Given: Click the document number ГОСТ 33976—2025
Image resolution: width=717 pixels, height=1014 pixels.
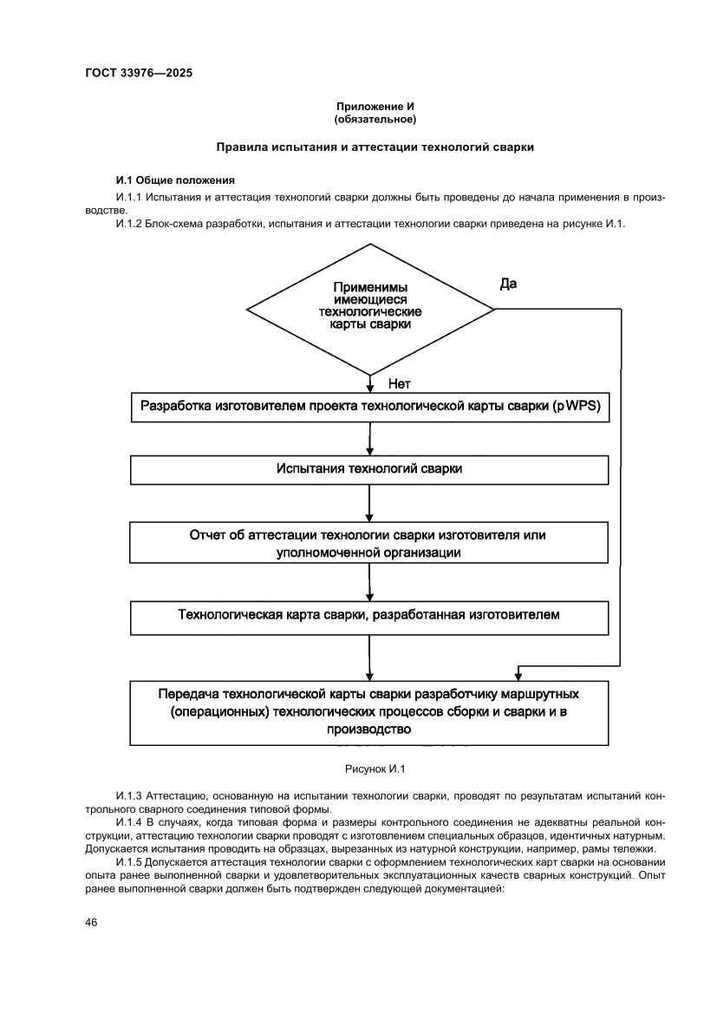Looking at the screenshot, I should (x=139, y=73).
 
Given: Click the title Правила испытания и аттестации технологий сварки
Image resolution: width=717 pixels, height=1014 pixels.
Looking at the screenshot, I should (x=375, y=147).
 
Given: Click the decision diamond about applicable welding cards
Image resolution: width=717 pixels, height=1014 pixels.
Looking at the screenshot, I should (x=370, y=307).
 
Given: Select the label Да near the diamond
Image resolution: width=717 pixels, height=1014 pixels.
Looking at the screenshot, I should (x=509, y=284).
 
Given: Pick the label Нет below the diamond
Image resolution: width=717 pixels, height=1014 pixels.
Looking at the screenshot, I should (x=399, y=384).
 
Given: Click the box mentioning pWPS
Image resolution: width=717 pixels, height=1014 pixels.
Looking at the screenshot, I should (x=370, y=407).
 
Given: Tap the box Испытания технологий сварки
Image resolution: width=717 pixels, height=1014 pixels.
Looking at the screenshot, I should (x=370, y=468).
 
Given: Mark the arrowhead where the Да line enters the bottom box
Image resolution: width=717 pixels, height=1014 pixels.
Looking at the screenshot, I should (x=518, y=674).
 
